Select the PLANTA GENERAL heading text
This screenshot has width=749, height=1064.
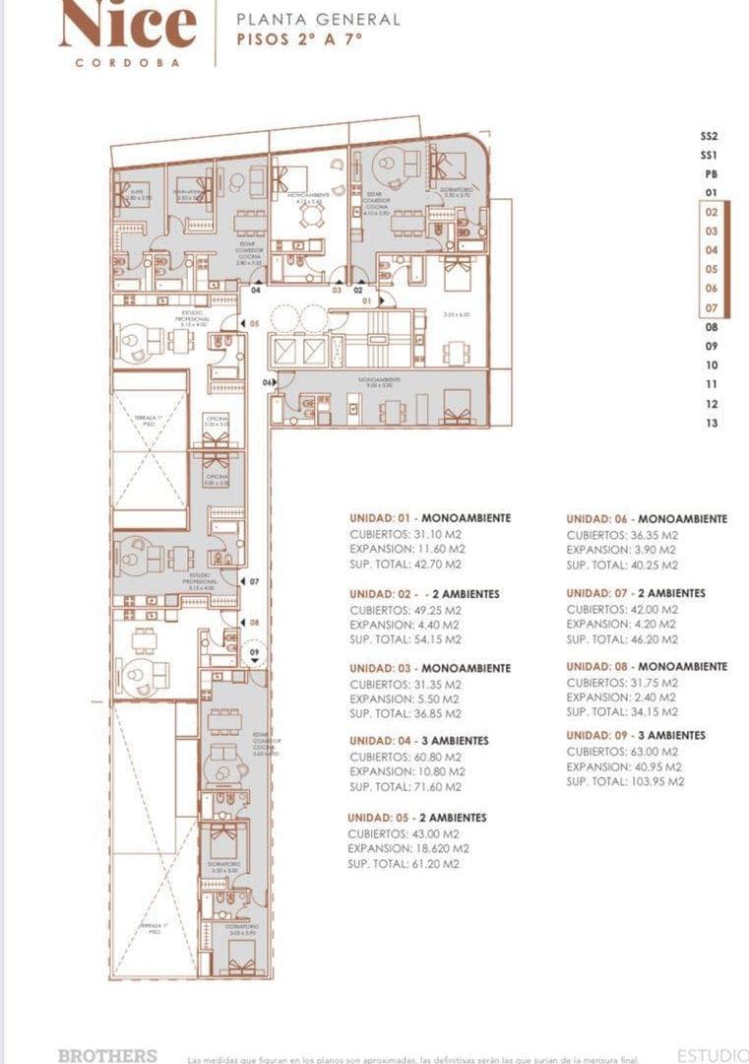click(x=318, y=19)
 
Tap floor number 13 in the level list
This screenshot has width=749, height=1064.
click(x=711, y=423)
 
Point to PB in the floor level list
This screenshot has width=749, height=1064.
click(x=711, y=173)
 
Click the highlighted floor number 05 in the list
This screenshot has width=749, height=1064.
click(x=711, y=269)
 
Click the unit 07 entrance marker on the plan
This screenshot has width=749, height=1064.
click(x=254, y=582)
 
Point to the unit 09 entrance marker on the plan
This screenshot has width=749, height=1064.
click(x=254, y=652)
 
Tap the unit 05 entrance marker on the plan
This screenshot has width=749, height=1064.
click(x=253, y=322)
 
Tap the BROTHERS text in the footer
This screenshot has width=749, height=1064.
click(x=107, y=1055)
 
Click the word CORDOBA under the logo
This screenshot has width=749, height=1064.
click(x=128, y=62)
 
